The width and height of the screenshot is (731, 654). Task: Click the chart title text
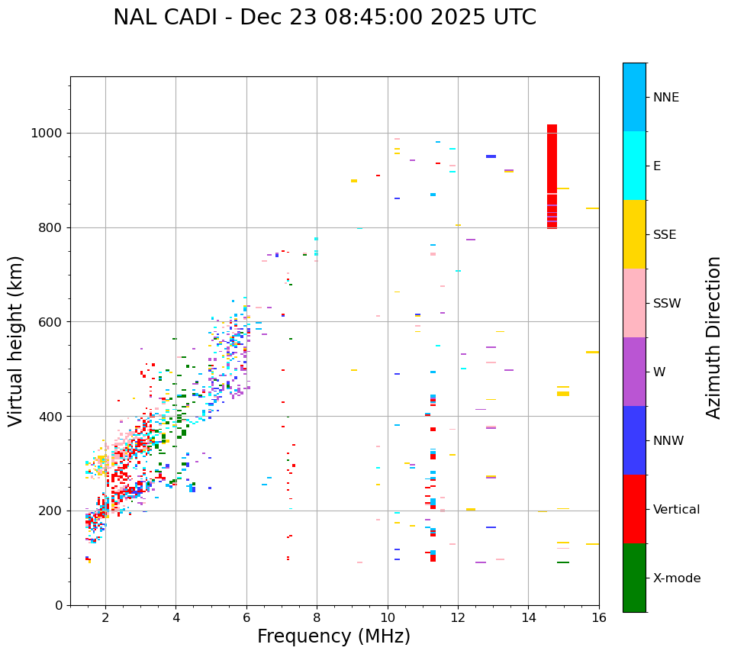[x=324, y=18]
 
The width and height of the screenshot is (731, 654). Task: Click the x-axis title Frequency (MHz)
[x=333, y=636]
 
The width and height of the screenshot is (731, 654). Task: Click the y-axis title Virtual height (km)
[x=16, y=340]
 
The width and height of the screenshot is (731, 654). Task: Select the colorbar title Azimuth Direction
[x=713, y=337]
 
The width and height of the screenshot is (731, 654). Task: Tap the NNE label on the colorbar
[x=665, y=98]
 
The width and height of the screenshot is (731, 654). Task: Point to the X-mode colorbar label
[x=676, y=578]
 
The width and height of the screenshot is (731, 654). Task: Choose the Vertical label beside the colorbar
[x=676, y=510]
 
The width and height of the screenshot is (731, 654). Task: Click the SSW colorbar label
[x=667, y=304]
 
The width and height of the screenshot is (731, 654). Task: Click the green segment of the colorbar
[x=634, y=578]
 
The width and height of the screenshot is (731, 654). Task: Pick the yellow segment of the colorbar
[x=634, y=234]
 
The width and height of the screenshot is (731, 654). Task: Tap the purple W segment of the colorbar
[x=634, y=372]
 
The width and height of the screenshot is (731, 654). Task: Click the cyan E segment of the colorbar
[x=634, y=166]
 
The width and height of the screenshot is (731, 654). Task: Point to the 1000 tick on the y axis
[x=48, y=134]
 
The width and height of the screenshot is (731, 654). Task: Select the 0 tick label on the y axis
[x=59, y=605]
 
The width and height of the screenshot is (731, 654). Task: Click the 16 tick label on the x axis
[x=599, y=618]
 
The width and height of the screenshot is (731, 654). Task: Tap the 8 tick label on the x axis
[x=317, y=618]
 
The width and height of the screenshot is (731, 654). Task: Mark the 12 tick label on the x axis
[x=458, y=618]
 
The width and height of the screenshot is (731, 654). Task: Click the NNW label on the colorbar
[x=668, y=441]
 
